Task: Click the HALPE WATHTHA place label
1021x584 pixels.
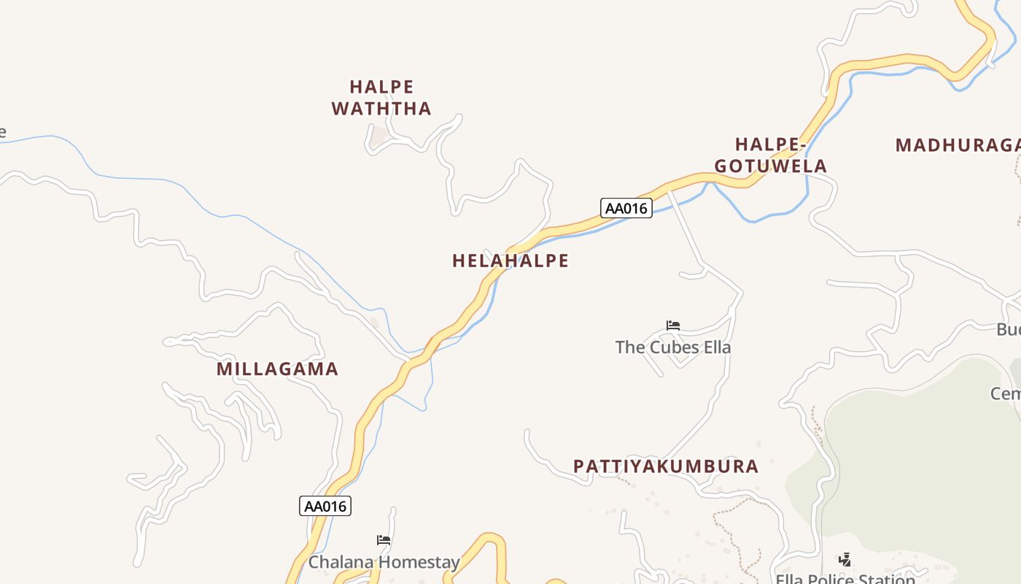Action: pyautogui.click(x=381, y=98)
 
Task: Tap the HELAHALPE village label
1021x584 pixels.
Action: pyautogui.click(x=510, y=261)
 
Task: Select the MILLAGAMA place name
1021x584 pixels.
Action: pyautogui.click(x=277, y=369)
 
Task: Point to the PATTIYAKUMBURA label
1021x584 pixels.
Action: pyautogui.click(x=666, y=466)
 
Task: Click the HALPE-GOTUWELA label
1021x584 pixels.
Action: pyautogui.click(x=770, y=155)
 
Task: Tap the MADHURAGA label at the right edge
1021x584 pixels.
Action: pyautogui.click(x=957, y=145)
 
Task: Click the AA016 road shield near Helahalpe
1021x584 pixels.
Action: pyautogui.click(x=626, y=208)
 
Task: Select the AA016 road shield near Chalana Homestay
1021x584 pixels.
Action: pyautogui.click(x=325, y=506)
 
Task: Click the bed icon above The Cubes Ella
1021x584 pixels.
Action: pyautogui.click(x=673, y=326)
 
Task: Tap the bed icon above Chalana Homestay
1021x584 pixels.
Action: pyautogui.click(x=384, y=540)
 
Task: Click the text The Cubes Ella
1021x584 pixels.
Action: pyautogui.click(x=672, y=347)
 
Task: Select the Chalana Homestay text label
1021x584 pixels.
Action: pyautogui.click(x=384, y=562)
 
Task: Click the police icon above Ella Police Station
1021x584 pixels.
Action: pyautogui.click(x=845, y=560)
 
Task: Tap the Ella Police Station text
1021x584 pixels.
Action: pyautogui.click(x=845, y=579)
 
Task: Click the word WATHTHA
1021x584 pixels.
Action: pyautogui.click(x=381, y=109)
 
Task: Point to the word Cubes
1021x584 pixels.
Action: pyautogui.click(x=672, y=347)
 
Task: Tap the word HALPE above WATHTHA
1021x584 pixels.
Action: pyautogui.click(x=381, y=87)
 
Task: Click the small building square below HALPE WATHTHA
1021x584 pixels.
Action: pyautogui.click(x=378, y=137)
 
